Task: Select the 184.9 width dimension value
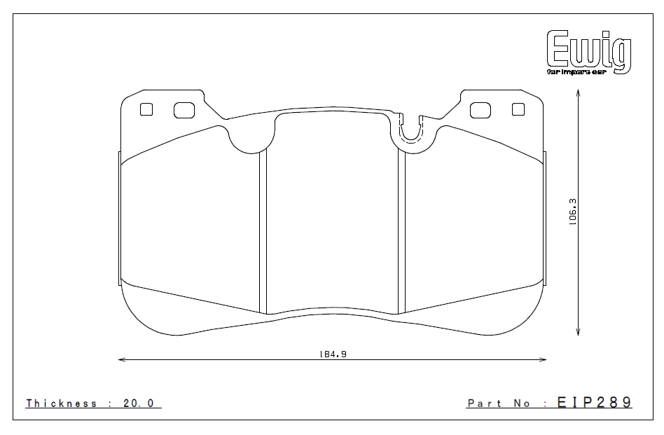(332, 354)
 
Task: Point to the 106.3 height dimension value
(572, 211)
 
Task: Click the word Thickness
(62, 403)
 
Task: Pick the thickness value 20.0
(142, 403)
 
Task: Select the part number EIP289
(594, 403)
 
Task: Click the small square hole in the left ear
(146, 109)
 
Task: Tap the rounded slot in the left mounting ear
(184, 110)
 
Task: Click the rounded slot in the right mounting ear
(480, 110)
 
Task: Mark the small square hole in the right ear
(518, 109)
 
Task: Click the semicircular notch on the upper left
(249, 140)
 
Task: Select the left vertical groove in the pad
(263, 231)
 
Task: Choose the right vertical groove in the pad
(402, 231)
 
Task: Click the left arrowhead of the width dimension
(121, 360)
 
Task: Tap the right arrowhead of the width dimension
(544, 360)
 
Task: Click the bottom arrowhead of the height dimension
(579, 333)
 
